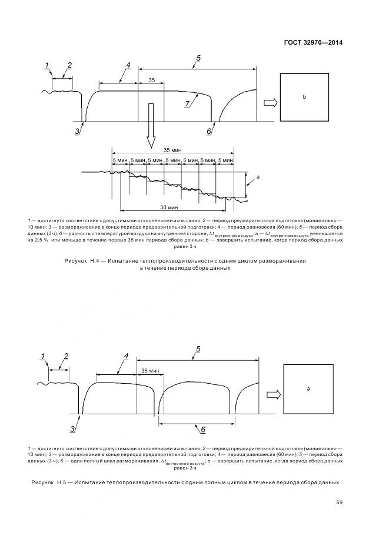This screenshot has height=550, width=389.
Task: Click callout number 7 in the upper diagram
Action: (187, 103)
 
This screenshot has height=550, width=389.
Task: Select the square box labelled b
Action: (304, 96)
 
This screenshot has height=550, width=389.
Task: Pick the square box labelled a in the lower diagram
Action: (308, 389)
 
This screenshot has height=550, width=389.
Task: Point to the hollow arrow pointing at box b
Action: (270, 103)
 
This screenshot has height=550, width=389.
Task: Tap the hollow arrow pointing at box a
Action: (272, 395)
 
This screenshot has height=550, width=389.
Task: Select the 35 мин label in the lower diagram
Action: (151, 371)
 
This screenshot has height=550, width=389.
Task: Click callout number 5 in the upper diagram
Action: (198, 58)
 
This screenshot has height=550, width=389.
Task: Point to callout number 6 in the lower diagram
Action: (203, 430)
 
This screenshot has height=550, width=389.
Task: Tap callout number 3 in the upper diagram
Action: (77, 132)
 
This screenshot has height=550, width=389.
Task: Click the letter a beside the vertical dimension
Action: (258, 176)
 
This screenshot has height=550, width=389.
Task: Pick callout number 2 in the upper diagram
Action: (69, 65)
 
